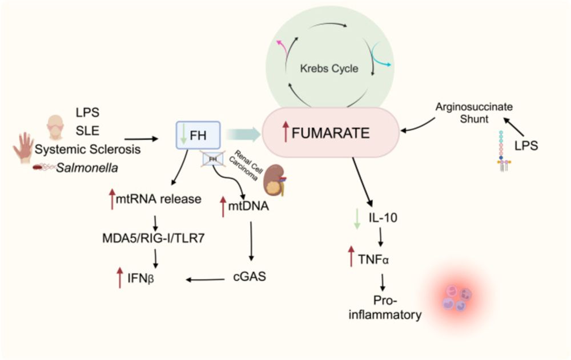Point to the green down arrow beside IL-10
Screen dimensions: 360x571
click(357, 218)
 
